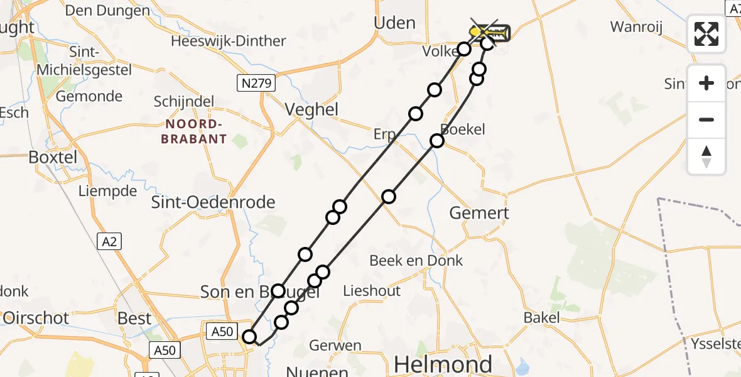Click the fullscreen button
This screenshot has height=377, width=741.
tap(706, 33)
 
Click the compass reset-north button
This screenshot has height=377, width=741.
tap(706, 156)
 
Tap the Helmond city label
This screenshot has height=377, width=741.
tap(443, 364)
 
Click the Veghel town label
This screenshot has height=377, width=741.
tap(311, 110)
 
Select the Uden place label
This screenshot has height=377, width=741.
tap(394, 23)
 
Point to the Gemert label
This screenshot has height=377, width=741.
tap(479, 213)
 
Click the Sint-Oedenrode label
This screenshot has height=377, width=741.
tap(214, 202)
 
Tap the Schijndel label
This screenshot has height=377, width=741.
tap(184, 102)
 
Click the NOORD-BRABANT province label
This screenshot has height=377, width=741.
tap(193, 131)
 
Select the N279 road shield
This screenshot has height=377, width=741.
tap(255, 82)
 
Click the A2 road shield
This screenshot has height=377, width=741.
tap(109, 241)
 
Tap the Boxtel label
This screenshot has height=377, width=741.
tap(53, 157)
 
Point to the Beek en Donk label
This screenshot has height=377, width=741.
tap(416, 260)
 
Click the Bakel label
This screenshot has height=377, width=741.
tap(542, 318)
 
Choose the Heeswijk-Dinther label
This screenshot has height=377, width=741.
tap(229, 41)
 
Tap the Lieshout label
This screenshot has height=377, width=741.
tap(372, 290)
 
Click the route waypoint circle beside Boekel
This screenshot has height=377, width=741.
tap(437, 141)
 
